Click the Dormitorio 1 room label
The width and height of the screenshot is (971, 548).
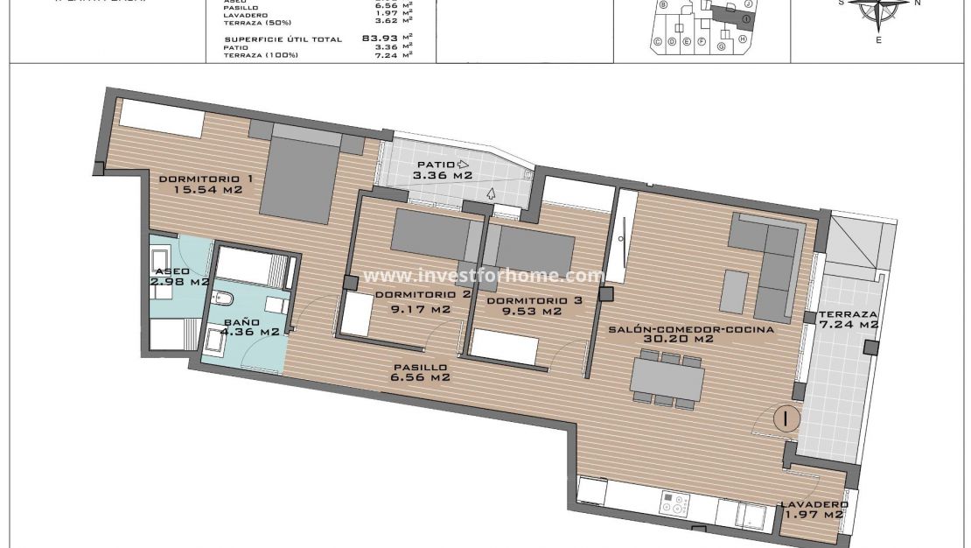point(206,179)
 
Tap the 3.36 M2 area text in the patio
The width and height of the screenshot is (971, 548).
point(443,175)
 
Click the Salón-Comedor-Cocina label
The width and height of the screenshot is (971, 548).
point(691,329)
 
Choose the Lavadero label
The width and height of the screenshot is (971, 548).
point(814,505)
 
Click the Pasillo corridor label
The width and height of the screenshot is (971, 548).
point(420,368)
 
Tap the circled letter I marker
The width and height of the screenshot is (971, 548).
point(787,418)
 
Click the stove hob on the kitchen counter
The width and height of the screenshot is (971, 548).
point(674,504)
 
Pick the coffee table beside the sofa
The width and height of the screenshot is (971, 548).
point(736,292)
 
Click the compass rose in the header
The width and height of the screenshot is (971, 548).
point(879,9)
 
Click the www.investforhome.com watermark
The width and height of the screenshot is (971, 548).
point(484,276)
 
